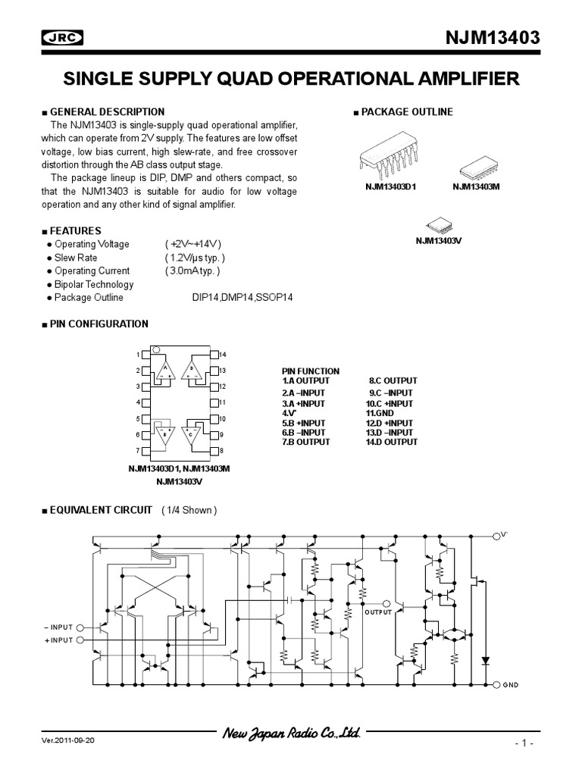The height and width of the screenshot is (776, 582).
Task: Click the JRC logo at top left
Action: [62, 39]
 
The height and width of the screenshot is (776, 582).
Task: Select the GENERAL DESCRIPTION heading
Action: [107, 111]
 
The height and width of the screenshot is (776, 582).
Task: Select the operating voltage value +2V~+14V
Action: [192, 244]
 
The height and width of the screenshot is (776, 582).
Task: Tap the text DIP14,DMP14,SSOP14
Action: [242, 298]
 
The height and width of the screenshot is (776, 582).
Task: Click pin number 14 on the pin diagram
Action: [223, 355]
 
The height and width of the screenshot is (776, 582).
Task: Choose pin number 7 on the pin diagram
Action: [137, 451]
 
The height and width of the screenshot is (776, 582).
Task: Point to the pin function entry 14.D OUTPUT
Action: [391, 442]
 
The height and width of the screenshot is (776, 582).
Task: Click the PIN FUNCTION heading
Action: [311, 371]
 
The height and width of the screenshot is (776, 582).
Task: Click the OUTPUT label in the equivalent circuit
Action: [378, 612]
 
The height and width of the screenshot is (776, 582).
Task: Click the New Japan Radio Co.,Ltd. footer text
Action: [290, 734]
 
